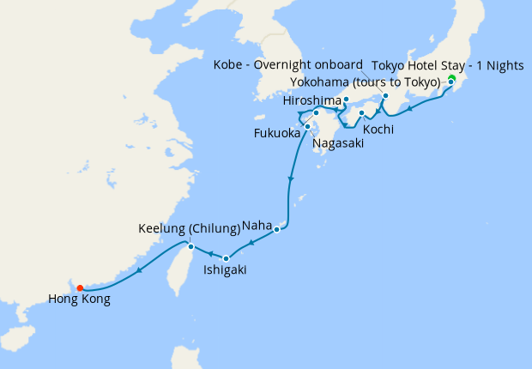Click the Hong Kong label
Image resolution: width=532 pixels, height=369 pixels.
(x=79, y=300)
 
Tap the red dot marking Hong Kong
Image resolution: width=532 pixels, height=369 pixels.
(x=79, y=287)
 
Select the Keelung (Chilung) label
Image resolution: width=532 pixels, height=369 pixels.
(x=189, y=228)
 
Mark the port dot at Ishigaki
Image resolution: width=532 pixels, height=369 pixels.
(x=226, y=257)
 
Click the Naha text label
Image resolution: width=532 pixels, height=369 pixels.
(x=257, y=225)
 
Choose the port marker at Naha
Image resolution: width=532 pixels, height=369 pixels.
(x=276, y=229)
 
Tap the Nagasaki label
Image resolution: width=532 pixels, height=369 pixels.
(x=337, y=143)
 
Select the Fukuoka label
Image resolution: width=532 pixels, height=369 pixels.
(x=276, y=134)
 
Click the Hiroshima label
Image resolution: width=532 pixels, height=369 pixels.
(x=311, y=101)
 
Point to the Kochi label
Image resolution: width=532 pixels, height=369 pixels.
(x=378, y=130)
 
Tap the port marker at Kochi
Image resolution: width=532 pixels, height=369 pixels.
(x=362, y=112)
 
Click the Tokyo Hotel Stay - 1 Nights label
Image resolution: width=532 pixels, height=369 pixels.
(x=450, y=65)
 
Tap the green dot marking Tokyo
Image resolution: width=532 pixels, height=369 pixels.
(x=450, y=78)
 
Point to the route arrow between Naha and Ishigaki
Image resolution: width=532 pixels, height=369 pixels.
(x=251, y=244)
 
